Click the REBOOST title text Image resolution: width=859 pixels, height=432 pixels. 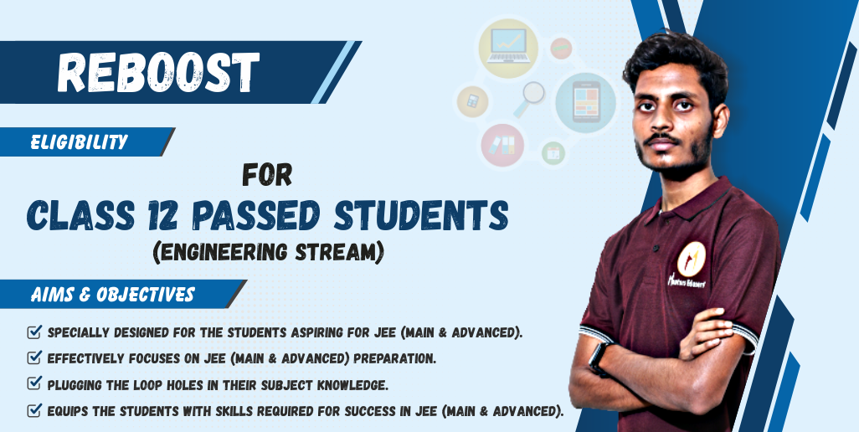(158, 72)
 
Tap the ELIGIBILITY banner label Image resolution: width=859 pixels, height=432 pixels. (79, 142)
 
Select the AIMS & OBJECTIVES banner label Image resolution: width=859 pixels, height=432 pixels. (113, 295)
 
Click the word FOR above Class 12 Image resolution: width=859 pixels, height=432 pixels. (267, 175)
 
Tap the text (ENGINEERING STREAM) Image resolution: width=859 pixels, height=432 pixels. (269, 252)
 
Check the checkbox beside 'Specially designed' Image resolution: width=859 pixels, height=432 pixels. (34, 332)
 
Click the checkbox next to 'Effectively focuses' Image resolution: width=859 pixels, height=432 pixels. (34, 357)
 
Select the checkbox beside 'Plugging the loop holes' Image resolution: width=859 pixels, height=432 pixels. (34, 383)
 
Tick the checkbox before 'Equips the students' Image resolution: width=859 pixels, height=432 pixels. (34, 409)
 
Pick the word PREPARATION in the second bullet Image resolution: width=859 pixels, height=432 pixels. (394, 358)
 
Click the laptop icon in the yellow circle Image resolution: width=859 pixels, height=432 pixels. (508, 46)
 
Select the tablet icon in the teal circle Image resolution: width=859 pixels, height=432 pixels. (586, 102)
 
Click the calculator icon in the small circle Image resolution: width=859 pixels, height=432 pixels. (473, 101)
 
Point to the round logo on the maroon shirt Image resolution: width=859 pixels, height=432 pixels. (692, 259)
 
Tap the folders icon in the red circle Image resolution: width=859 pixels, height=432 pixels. (502, 145)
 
